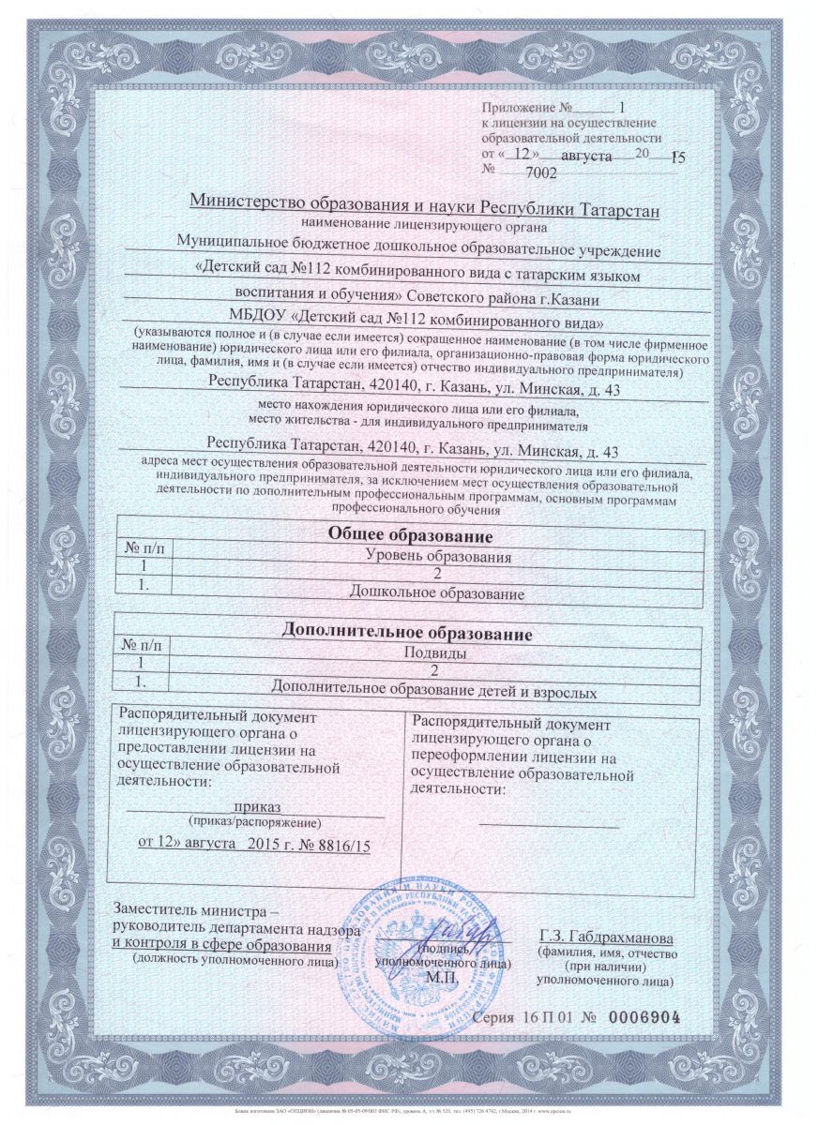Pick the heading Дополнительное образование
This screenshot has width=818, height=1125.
(407, 634)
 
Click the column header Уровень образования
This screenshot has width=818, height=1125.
(436, 557)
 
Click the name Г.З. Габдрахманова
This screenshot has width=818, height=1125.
(606, 938)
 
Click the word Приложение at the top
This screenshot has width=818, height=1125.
(520, 108)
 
